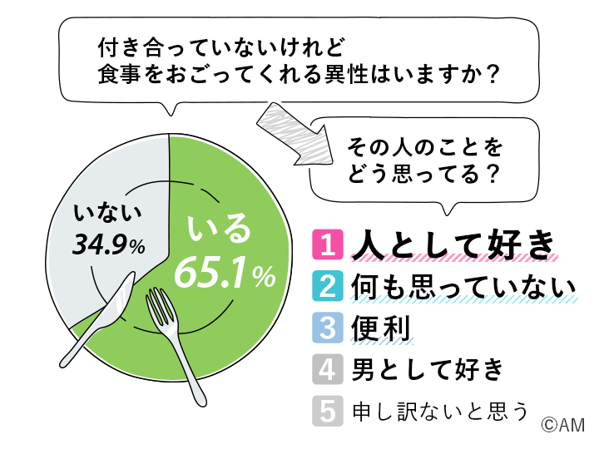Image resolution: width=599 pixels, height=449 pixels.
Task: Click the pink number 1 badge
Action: coord(328,244)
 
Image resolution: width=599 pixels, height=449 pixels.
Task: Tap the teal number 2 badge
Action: coord(328,286)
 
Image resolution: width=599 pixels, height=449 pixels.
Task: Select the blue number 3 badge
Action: coord(328,328)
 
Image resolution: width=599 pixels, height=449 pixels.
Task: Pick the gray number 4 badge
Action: coord(328,369)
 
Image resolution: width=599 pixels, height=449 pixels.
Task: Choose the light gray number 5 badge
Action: coord(328,411)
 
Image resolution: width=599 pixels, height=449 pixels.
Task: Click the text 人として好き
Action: coord(453,244)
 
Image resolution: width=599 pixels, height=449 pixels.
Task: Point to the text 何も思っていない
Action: coord(463,286)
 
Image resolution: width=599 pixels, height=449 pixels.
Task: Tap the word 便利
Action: coord(381,328)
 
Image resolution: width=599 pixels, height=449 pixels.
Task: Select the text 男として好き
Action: coord(428,369)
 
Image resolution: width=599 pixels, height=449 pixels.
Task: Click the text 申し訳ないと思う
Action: coord(440,411)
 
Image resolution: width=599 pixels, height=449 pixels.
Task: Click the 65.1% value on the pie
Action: coord(225,273)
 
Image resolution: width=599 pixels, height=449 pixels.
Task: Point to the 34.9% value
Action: coord(109,244)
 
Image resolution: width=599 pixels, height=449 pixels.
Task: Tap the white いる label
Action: coord(219,229)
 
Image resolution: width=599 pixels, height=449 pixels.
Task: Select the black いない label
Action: coord(107,212)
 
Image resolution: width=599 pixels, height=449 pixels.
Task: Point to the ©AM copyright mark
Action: coord(562,425)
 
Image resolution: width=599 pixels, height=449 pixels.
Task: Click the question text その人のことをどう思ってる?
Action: coord(424,160)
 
